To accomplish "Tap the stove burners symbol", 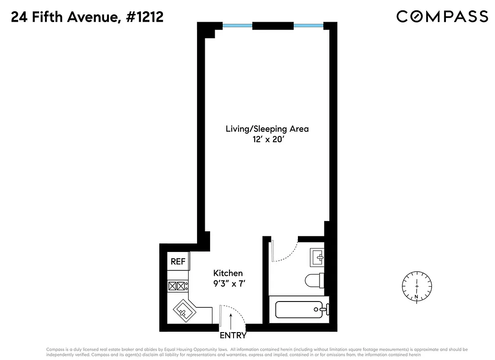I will point(177,285).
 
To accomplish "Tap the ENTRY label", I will point(233,335).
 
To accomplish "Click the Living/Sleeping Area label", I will point(267,129).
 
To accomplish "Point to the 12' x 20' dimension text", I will point(267,139).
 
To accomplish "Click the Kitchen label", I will point(228,273).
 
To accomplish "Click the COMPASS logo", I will point(442,17).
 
